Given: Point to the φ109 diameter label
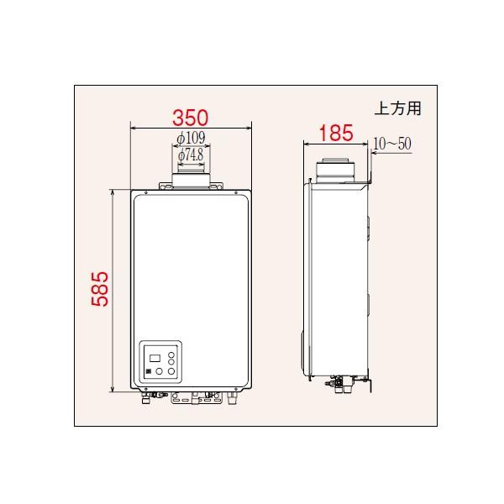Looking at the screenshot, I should click(x=192, y=138).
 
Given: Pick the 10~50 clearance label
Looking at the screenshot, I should click(x=392, y=144).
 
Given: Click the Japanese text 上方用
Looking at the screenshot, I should click(x=397, y=108).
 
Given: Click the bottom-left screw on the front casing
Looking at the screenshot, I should click(x=140, y=386).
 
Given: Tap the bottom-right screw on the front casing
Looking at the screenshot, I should click(x=242, y=386).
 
